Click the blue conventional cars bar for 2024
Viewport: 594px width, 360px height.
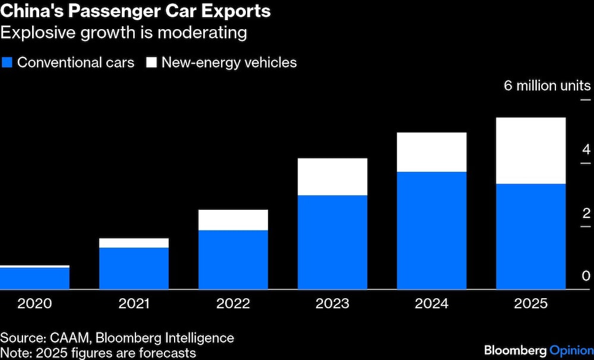(x=431, y=230)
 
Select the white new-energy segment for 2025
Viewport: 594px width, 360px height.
(x=530, y=151)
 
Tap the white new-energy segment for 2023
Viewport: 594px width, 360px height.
(x=332, y=176)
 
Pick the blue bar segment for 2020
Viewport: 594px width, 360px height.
(x=34, y=279)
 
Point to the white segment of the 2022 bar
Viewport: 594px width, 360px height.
(x=233, y=220)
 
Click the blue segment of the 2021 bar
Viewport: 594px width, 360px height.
(x=134, y=269)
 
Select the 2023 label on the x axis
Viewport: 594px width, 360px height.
(x=332, y=304)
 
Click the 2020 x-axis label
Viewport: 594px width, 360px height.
(x=34, y=304)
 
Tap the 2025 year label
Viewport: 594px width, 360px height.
(x=530, y=304)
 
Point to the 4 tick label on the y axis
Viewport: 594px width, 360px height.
(x=586, y=149)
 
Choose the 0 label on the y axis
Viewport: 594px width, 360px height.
(x=586, y=276)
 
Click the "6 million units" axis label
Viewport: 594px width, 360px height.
(x=547, y=86)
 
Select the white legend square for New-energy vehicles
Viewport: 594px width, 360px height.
(x=151, y=62)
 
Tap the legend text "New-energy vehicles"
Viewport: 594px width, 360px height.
(x=229, y=62)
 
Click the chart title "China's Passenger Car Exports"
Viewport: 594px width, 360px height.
(x=135, y=11)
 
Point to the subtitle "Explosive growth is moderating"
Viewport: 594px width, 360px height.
(x=124, y=32)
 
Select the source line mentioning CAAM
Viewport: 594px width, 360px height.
(x=117, y=338)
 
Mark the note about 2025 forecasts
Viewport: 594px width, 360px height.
(x=98, y=353)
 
